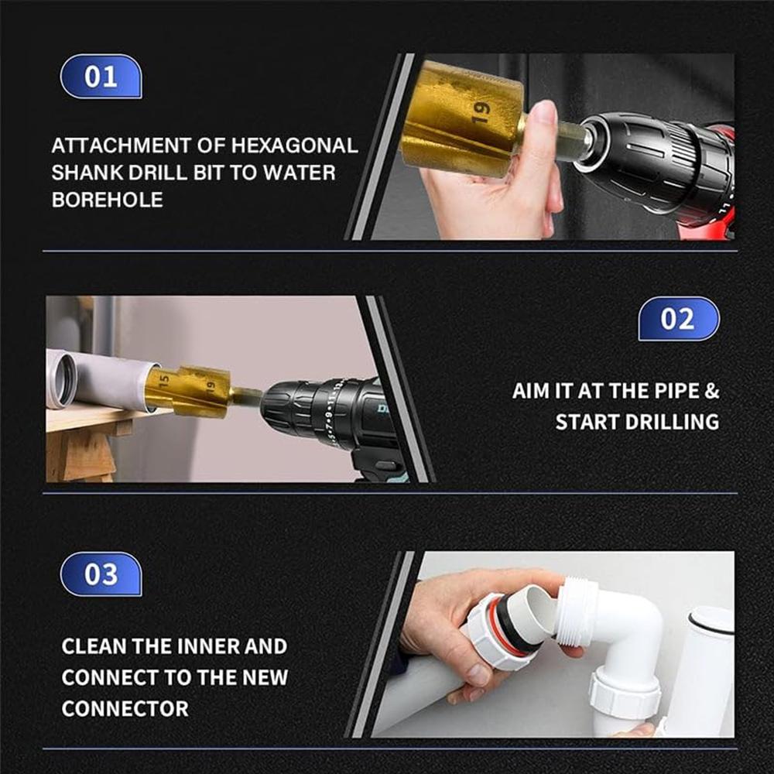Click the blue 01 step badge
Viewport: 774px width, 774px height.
(101, 77)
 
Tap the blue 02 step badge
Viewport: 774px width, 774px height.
(678, 319)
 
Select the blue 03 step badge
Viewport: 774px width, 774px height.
(101, 574)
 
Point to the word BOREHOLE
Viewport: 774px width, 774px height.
(107, 200)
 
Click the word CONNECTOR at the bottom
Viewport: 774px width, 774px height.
(125, 708)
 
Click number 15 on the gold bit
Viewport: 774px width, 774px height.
(164, 382)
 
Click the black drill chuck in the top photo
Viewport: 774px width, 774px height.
(635, 155)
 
